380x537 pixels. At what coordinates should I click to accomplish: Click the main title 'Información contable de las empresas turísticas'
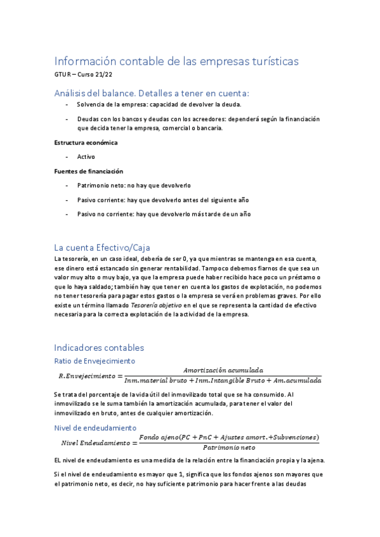tap(176, 61)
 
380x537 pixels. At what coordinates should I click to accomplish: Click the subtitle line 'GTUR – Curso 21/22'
tap(82, 75)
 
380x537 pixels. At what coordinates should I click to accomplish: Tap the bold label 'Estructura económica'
tap(86, 142)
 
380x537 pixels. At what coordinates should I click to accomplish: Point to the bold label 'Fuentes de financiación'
tap(88, 171)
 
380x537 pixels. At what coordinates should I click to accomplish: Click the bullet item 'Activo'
tap(86, 156)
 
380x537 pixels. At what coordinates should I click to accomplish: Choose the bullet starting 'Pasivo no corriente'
tap(164, 214)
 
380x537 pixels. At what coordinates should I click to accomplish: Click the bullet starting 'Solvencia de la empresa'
tap(159, 104)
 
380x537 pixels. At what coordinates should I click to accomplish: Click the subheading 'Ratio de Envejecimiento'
tap(95, 361)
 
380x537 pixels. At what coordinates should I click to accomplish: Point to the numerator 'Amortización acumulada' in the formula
tap(223, 370)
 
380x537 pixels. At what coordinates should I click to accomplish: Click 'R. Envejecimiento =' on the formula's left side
tap(88, 376)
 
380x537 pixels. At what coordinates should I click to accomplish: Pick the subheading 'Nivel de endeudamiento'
tap(95, 428)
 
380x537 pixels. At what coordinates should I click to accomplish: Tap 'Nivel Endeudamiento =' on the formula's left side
tap(97, 442)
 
